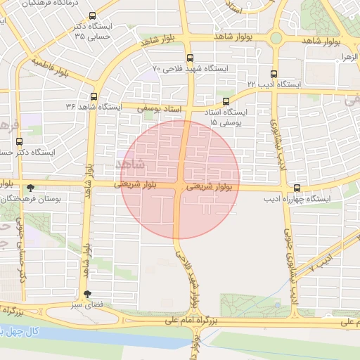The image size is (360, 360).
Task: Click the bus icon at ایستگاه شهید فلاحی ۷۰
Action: tap(190, 58)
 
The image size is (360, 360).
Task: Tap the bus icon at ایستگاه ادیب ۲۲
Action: tap(274, 73)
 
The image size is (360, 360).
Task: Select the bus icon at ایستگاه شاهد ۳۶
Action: tap(94, 96)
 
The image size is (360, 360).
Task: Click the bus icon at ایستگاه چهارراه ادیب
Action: tap(297, 188)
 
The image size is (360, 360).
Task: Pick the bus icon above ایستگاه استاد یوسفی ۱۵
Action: tap(226, 101)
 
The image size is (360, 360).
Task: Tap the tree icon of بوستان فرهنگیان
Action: tap(30, 188)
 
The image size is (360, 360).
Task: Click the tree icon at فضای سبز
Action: tap(87, 295)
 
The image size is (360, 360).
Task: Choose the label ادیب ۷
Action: tap(322, 263)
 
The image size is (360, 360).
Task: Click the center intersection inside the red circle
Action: tap(181, 186)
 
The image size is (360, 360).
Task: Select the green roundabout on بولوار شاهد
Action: tap(276, 38)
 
